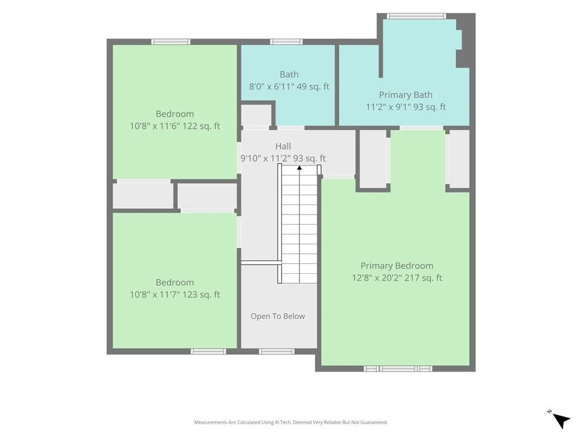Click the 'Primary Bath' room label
(x=405, y=95)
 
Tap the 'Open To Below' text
(x=277, y=316)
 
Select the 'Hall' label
(x=283, y=146)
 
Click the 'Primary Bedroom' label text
(x=397, y=266)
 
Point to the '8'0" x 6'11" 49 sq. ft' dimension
(x=289, y=86)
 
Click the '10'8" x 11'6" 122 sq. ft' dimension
(x=175, y=126)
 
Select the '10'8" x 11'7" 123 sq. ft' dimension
(x=175, y=295)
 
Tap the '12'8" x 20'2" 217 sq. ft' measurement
(x=397, y=278)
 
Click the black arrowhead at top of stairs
(x=299, y=168)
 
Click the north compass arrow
(x=561, y=420)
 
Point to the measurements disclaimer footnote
(x=291, y=422)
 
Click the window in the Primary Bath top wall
(x=416, y=16)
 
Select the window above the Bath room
(x=286, y=42)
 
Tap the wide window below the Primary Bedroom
(x=397, y=369)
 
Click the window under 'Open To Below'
(x=277, y=352)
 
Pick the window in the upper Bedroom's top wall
(x=171, y=42)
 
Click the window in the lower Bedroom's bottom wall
(x=208, y=352)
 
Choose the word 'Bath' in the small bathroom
(x=289, y=75)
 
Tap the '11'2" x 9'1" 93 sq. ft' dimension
(x=406, y=107)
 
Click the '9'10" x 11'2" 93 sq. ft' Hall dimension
(x=283, y=158)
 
